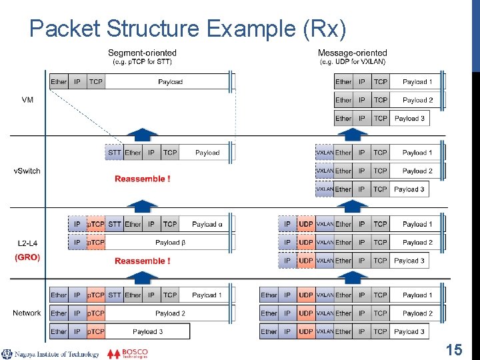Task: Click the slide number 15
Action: pyautogui.click(x=453, y=349)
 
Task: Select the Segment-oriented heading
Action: pyautogui.click(x=143, y=53)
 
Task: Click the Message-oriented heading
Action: pyautogui.click(x=352, y=53)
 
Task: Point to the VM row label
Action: pyautogui.click(x=27, y=99)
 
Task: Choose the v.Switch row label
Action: pyautogui.click(x=27, y=171)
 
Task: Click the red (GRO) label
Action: pyautogui.click(x=27, y=257)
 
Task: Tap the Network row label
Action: pyautogui.click(x=27, y=313)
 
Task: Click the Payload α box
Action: pyautogui.click(x=207, y=224)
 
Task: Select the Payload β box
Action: pyautogui.click(x=170, y=243)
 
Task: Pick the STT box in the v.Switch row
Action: pyautogui.click(x=115, y=153)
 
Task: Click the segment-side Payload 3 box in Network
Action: pyautogui.click(x=147, y=331)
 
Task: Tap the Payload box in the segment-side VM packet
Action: pyautogui.click(x=170, y=82)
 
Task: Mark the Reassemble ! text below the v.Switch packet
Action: pyautogui.click(x=142, y=179)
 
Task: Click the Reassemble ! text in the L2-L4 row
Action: pyautogui.click(x=142, y=261)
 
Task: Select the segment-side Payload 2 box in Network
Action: pyautogui.click(x=170, y=313)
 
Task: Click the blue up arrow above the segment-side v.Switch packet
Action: pyautogui.click(x=143, y=134)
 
